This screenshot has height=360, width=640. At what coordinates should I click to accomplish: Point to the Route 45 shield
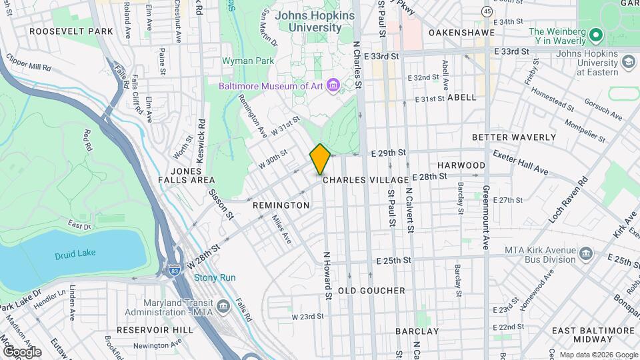487,11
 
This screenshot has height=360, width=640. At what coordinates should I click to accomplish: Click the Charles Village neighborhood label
365,180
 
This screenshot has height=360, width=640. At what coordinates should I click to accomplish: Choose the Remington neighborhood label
281,205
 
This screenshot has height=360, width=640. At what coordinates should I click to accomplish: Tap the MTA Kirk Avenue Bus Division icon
586,253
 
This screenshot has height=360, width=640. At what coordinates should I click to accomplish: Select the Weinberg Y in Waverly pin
595,33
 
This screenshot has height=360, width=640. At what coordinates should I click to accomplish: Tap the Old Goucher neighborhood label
371,291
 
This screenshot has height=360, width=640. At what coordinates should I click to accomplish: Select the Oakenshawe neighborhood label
462,32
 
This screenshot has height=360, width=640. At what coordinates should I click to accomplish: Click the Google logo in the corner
21,351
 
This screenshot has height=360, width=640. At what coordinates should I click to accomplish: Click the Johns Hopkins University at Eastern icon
628,62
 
